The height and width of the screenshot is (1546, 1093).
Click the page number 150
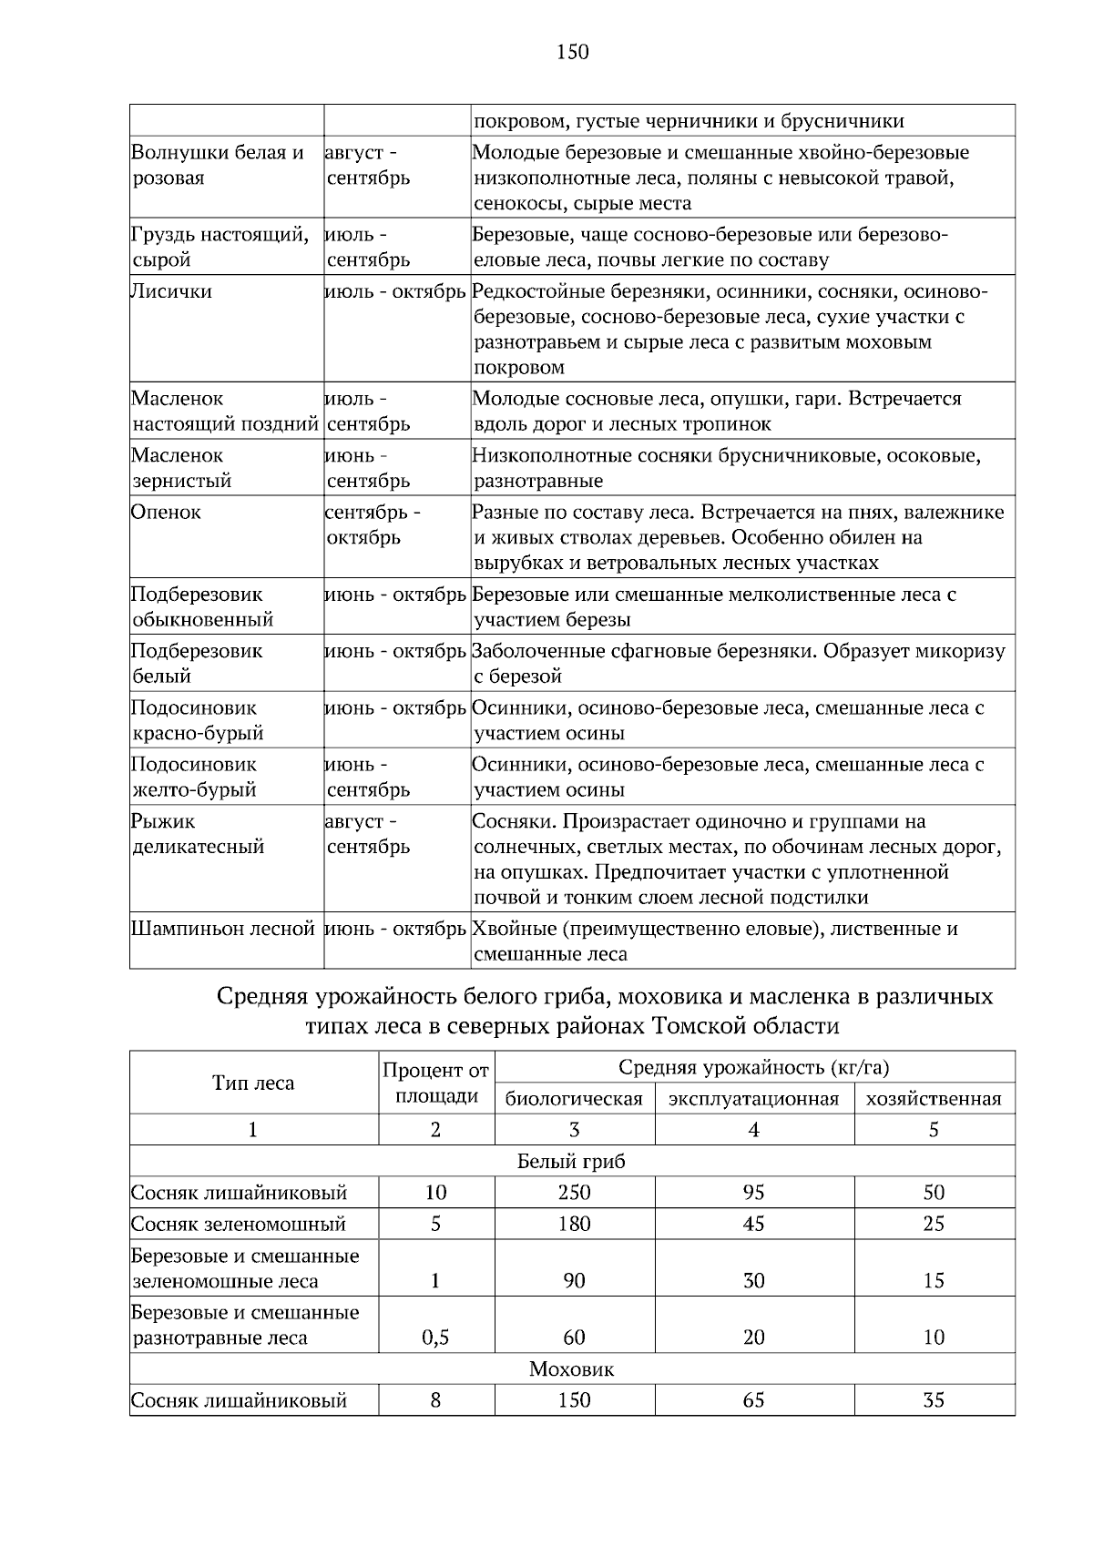click(x=572, y=53)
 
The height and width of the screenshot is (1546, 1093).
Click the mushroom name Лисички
click(x=171, y=292)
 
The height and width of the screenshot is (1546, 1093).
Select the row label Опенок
click(x=166, y=513)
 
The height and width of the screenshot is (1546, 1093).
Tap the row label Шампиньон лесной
click(x=223, y=930)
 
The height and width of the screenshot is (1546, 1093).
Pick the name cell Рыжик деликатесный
click(x=198, y=835)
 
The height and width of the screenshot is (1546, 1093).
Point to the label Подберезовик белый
click(x=196, y=664)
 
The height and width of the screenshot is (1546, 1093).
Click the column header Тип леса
click(x=253, y=1083)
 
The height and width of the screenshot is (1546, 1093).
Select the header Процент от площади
click(x=435, y=1083)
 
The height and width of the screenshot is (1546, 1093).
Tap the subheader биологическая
click(x=574, y=1099)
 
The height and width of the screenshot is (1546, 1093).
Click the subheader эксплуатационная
click(x=753, y=1099)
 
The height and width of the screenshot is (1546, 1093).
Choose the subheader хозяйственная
click(x=934, y=1099)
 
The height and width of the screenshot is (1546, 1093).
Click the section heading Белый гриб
click(x=571, y=1162)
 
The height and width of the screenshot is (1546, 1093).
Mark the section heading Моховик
click(x=571, y=1369)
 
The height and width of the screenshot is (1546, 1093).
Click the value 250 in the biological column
click(x=574, y=1193)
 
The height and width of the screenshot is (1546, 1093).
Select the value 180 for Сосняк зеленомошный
click(x=574, y=1225)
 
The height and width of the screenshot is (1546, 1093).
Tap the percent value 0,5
click(x=435, y=1338)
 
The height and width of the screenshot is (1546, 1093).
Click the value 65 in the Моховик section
click(x=753, y=1400)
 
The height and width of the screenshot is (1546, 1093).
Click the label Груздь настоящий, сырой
click(x=220, y=248)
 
